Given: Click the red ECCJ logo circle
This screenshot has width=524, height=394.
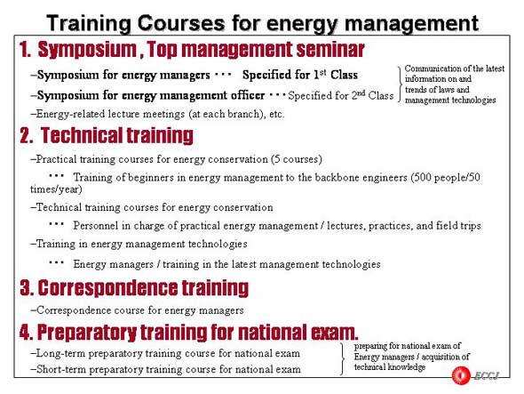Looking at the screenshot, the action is pos(461,375).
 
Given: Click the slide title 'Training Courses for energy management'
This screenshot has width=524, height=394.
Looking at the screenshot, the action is pos(262,23).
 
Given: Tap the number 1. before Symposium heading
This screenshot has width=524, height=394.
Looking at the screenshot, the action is pos(26,50).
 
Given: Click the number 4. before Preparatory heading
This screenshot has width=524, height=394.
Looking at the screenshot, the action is pos(26,332).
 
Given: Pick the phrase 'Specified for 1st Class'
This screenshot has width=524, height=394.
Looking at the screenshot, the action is pos(300,75).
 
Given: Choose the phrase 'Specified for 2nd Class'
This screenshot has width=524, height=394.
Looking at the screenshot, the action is pos(341,95).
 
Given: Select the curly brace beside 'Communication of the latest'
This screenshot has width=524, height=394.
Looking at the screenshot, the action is pos(400,84).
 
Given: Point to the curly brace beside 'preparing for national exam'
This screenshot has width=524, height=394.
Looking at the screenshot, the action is pos(342,358).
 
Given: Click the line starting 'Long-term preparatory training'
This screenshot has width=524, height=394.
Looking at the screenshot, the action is pos(165,353).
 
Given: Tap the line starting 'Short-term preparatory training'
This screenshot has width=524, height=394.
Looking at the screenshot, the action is pos(166,369).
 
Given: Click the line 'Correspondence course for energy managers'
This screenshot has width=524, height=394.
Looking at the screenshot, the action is pos(137,310).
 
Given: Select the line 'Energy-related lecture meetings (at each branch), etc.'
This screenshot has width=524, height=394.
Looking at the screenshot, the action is pos(157,114).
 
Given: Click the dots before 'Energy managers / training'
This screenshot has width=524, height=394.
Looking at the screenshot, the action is pos(56,262).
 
